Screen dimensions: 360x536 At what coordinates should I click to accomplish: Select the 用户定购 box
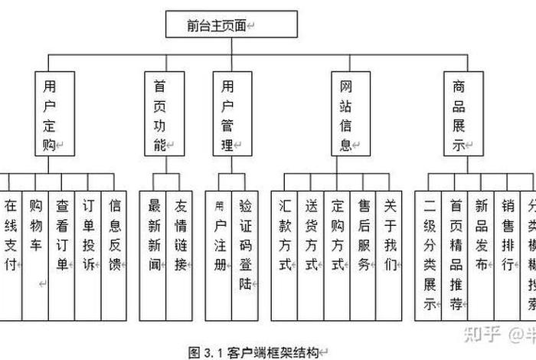tap(54, 114)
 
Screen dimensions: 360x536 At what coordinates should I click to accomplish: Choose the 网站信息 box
tap(350, 114)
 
